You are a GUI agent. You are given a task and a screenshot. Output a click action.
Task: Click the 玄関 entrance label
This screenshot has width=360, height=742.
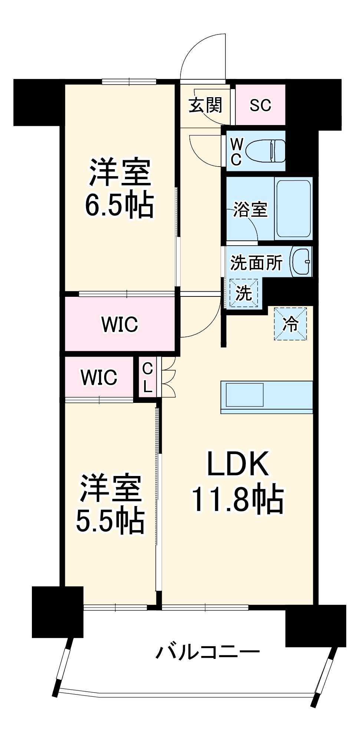[x=205, y=105]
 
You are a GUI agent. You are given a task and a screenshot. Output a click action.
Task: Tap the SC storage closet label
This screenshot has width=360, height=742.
[x=260, y=105]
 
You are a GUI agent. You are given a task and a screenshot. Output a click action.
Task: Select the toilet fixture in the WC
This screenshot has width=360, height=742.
[x=266, y=151]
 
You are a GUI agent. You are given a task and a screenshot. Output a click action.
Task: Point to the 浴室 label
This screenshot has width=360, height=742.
[x=250, y=210]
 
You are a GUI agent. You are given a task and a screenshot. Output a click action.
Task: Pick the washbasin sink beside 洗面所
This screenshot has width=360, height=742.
[x=301, y=262]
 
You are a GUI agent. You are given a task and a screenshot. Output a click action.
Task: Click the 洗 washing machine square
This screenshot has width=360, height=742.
[x=244, y=293]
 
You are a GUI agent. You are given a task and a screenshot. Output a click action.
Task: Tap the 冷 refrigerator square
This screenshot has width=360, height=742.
[x=290, y=324]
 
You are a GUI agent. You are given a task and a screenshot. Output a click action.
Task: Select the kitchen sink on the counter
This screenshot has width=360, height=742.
[x=245, y=395]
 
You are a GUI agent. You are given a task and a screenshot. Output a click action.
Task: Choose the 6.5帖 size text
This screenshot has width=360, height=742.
[x=119, y=204]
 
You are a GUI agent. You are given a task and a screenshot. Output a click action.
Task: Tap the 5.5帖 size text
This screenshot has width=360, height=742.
[x=110, y=520]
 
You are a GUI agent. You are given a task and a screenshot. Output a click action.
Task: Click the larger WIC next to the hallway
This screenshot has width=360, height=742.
[x=120, y=324]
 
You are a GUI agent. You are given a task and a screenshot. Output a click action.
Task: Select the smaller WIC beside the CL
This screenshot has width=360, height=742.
[x=99, y=377]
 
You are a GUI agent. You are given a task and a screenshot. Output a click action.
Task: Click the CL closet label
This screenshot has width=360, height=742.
[x=148, y=378]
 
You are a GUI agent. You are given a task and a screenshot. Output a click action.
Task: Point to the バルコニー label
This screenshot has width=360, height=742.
[x=208, y=652]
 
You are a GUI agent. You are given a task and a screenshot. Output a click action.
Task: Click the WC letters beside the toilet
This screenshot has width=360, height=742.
[x=236, y=151]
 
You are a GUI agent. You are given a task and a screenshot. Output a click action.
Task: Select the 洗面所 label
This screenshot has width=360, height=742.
[x=256, y=263]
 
